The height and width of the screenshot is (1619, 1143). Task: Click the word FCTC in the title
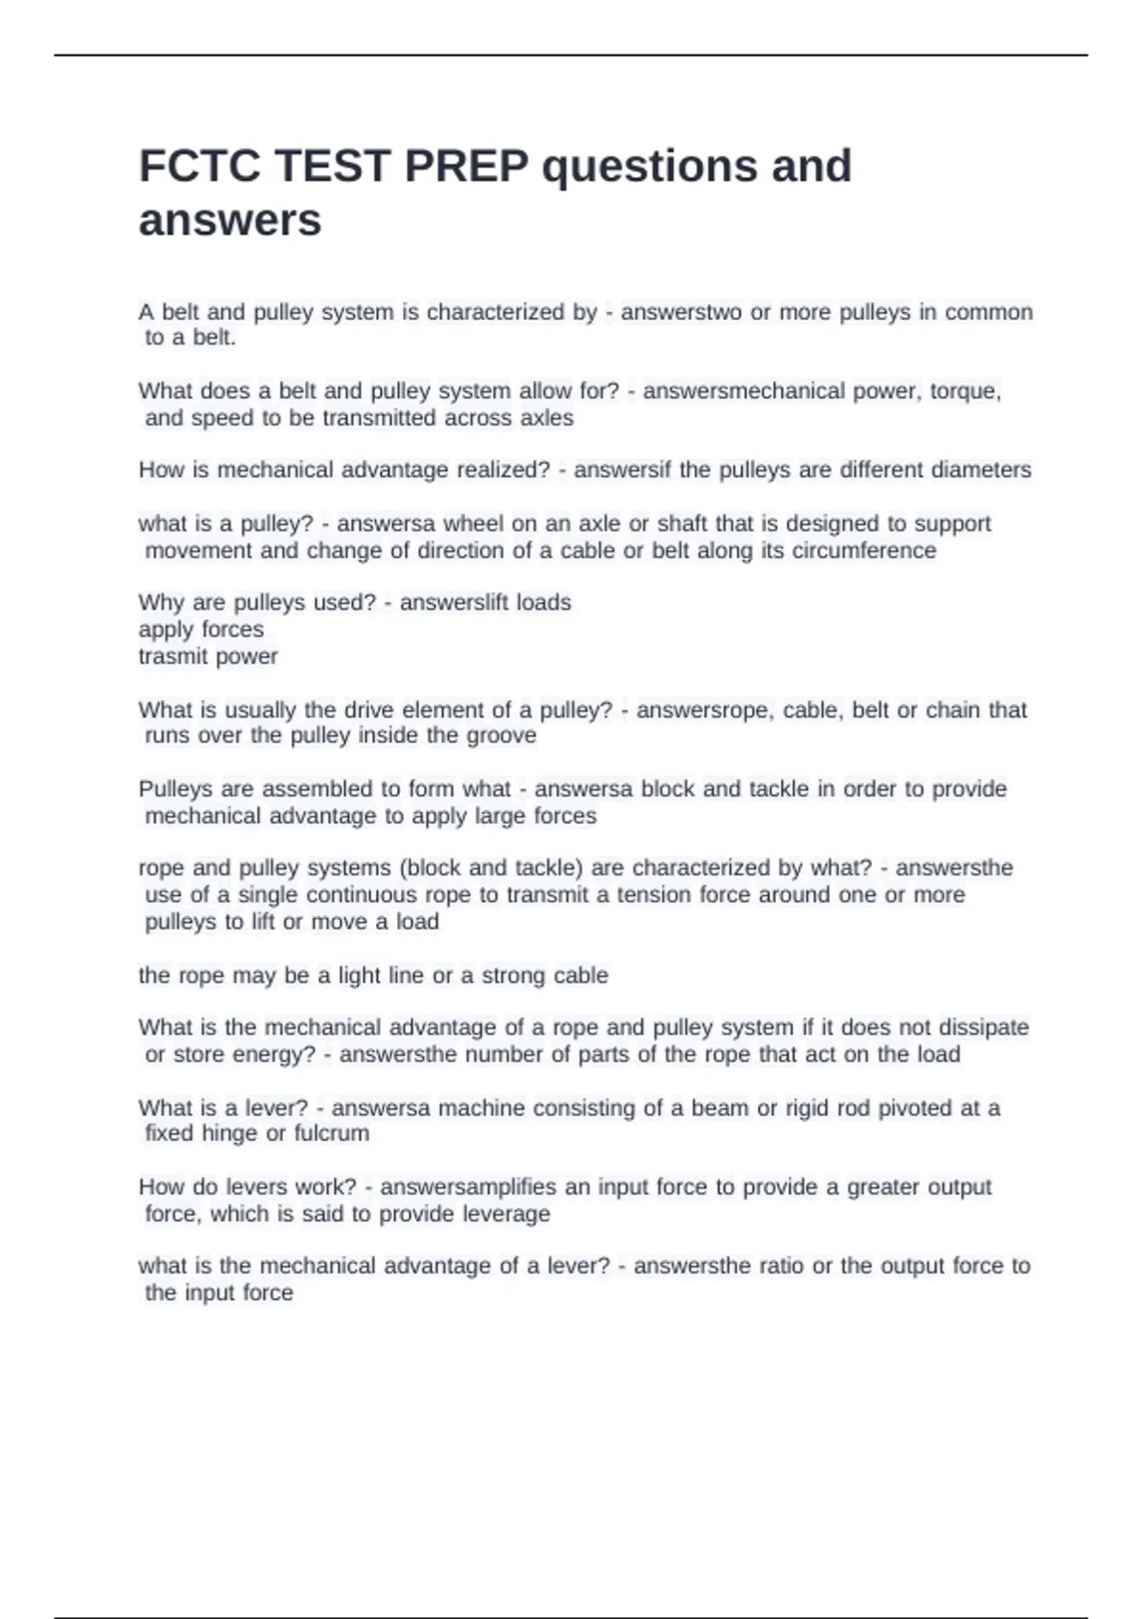(199, 167)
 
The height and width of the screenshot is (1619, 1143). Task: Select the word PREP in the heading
(467, 167)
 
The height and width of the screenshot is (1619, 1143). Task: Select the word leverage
(506, 1214)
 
